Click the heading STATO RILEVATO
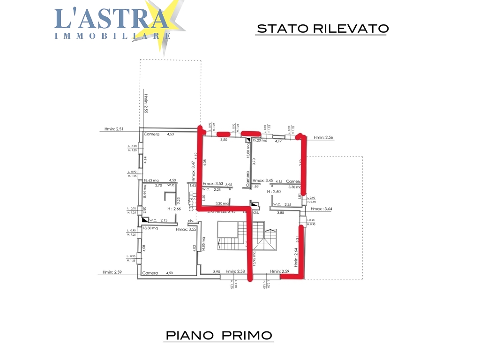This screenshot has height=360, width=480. pos(322,29)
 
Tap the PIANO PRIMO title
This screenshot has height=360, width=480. pos(219,336)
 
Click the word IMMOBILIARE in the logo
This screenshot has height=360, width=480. pos(112,36)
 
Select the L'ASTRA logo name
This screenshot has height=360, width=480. pos(112,18)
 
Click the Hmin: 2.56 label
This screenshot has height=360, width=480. pos(323,137)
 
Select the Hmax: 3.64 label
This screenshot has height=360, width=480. pos(322,209)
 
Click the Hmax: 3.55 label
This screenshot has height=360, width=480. pos(186,230)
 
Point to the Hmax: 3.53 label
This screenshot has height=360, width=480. pos(213,185)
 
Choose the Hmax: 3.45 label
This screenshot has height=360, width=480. pos(262,181)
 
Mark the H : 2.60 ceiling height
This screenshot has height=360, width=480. pos(274,192)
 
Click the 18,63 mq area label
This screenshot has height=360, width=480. pos(151,180)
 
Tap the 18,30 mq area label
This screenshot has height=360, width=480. pos(150,228)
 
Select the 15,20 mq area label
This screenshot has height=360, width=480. pos(260,140)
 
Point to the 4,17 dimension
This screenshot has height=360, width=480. pos(278,141)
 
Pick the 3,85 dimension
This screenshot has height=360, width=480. pos(280,213)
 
